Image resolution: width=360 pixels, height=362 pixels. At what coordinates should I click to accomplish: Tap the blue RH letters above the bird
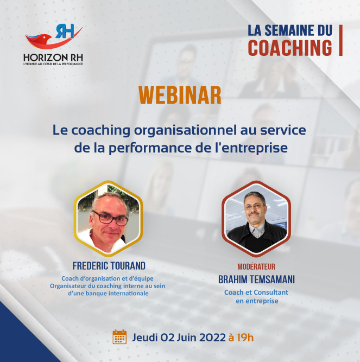65,31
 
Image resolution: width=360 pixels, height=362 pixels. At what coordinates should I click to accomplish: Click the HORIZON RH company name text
53,58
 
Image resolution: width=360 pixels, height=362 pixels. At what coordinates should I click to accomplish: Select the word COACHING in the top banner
290,48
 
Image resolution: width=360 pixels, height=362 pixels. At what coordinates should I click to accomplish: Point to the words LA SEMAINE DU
290,30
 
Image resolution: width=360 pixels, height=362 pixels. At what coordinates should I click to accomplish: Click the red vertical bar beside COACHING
340,40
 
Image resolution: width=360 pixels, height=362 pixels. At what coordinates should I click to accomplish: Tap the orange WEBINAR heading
180,96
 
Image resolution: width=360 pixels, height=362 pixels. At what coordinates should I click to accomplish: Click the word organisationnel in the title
185,131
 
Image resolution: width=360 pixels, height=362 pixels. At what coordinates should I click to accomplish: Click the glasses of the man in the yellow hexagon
110,218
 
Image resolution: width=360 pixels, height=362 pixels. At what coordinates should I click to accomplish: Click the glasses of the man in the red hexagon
254,207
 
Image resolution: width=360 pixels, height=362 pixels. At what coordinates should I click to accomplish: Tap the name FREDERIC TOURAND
109,266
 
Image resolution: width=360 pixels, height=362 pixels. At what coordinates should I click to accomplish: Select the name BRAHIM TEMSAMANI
256,280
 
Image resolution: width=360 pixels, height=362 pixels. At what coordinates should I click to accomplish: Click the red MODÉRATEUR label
256,267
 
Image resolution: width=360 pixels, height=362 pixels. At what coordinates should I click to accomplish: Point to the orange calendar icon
119,337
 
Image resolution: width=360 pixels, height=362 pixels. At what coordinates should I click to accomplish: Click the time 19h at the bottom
245,338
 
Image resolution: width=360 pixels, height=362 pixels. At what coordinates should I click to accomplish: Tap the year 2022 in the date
212,338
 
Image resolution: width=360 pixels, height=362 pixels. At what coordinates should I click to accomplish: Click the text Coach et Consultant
256,293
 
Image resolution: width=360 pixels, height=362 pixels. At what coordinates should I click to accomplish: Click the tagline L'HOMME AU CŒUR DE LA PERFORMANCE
53,64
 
